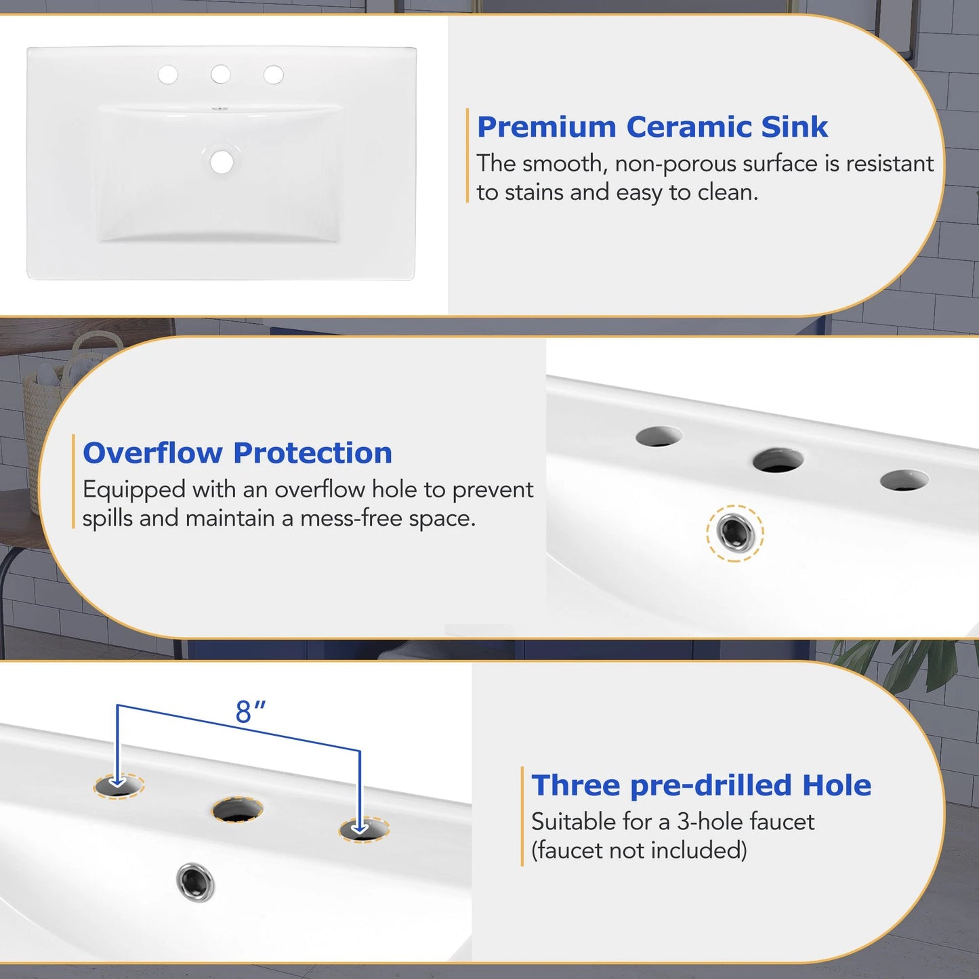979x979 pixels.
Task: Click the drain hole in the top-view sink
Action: click(222, 162)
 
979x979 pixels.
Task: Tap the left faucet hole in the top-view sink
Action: click(168, 75)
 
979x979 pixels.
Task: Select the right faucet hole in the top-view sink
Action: click(274, 75)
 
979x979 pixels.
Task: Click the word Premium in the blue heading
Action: click(546, 127)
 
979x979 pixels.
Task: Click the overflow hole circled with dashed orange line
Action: click(735, 533)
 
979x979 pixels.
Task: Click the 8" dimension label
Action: click(250, 712)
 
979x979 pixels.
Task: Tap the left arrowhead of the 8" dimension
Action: click(118, 783)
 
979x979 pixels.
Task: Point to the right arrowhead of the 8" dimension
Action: click(360, 827)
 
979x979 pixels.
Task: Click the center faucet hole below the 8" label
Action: click(237, 810)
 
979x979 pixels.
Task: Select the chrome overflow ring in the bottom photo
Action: click(195, 881)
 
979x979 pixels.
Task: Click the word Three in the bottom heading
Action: click(576, 785)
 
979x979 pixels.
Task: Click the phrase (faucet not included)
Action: click(639, 850)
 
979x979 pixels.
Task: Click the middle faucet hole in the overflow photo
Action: click(778, 461)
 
